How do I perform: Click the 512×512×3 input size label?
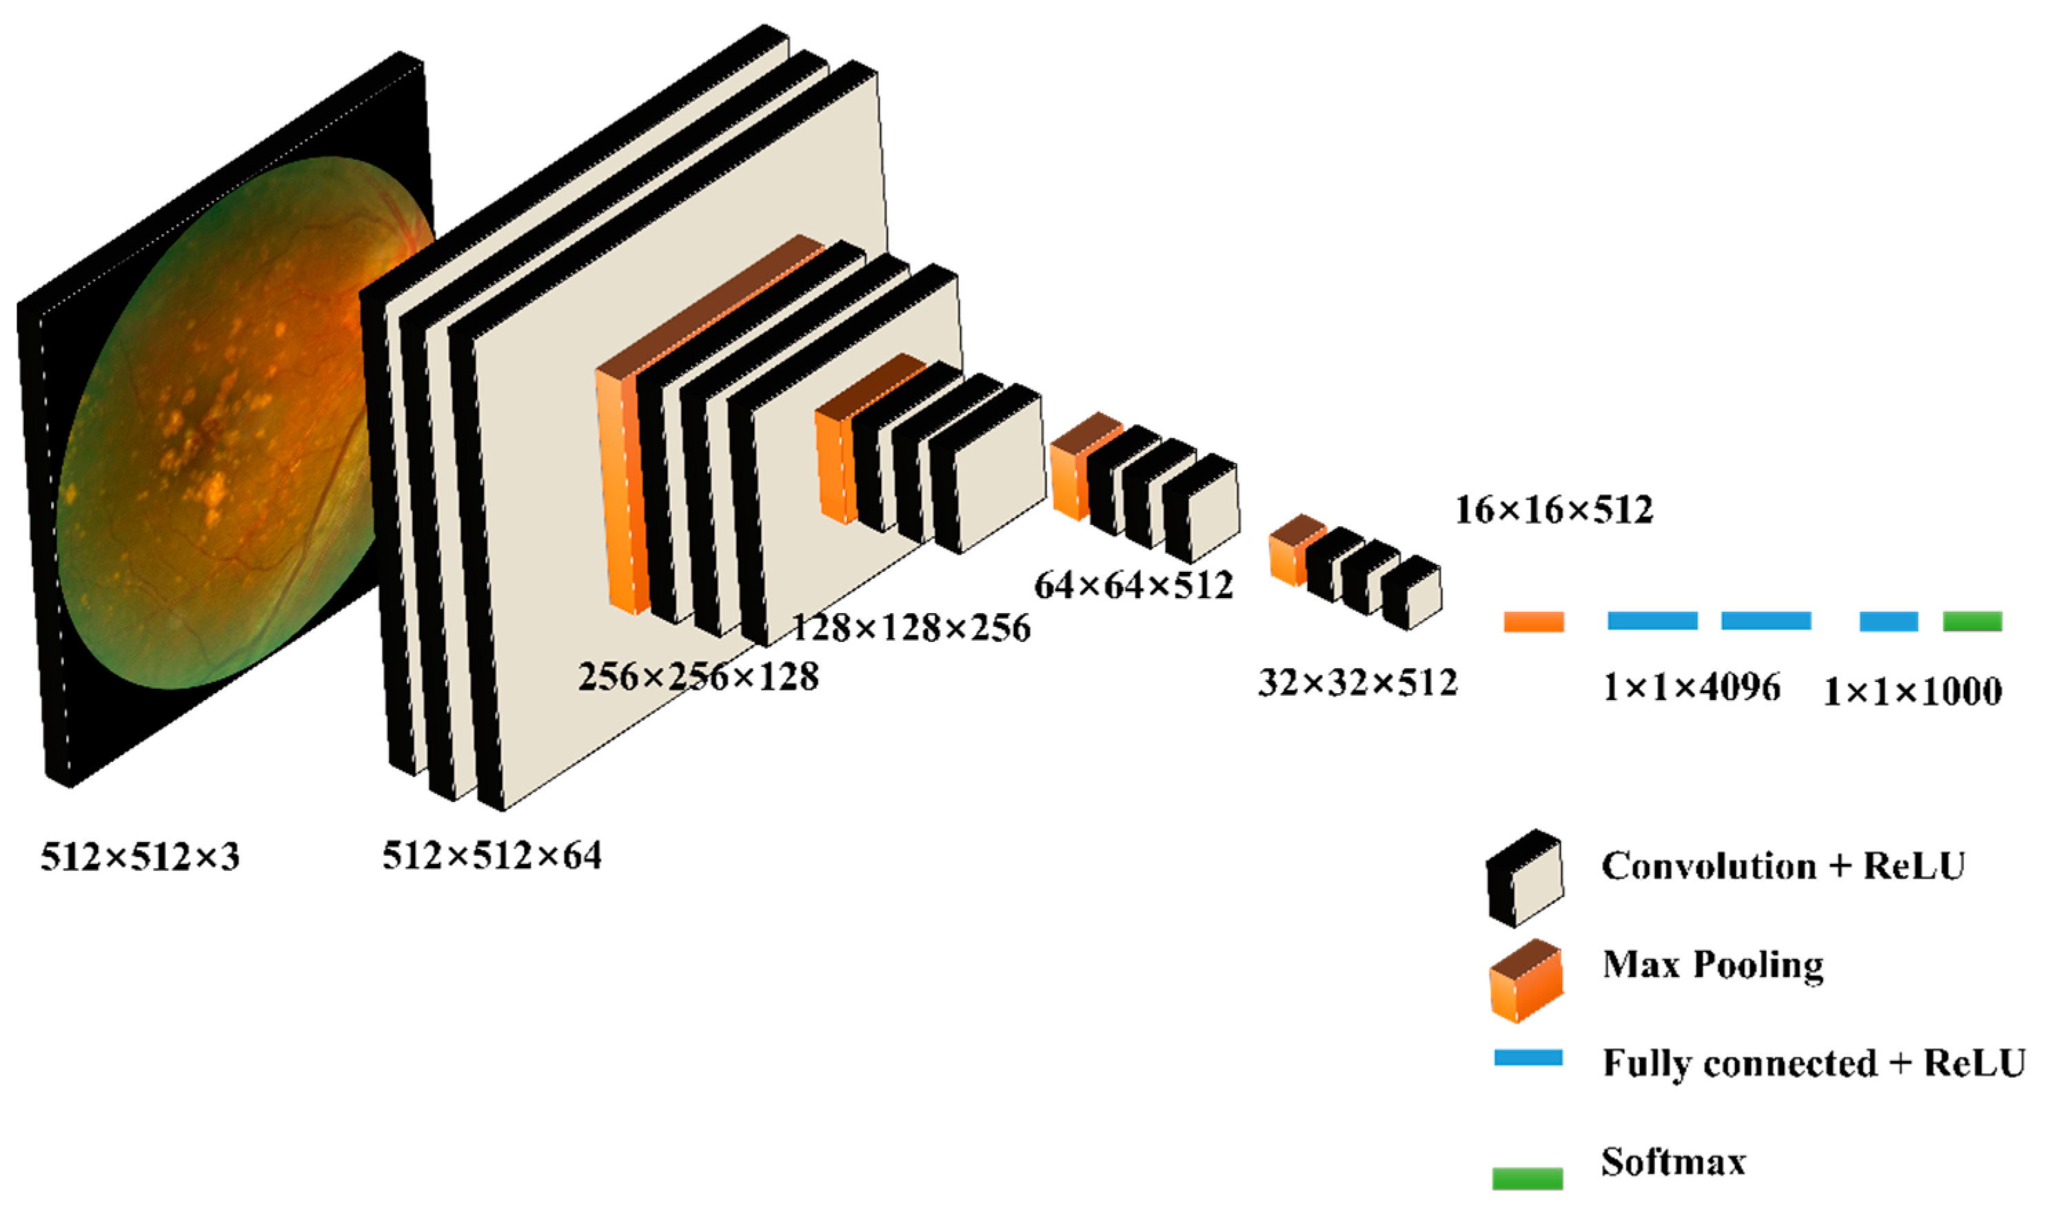(141, 858)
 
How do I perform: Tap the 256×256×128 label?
(699, 677)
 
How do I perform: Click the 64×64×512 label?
(1134, 585)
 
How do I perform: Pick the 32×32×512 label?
(1357, 682)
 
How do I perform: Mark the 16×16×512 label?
(1554, 510)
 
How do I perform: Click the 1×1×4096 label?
(1692, 687)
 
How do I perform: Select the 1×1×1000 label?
(1912, 692)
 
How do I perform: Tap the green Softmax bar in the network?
(1972, 621)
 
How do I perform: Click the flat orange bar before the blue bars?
(1533, 622)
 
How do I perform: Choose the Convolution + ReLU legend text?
(1783, 866)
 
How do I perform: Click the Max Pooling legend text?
(1713, 964)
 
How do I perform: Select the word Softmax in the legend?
(1674, 1162)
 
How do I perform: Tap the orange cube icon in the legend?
(1526, 982)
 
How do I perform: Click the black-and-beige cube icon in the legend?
(1525, 878)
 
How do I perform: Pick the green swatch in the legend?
(1528, 1178)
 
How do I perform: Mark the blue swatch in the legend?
(1528, 1058)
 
